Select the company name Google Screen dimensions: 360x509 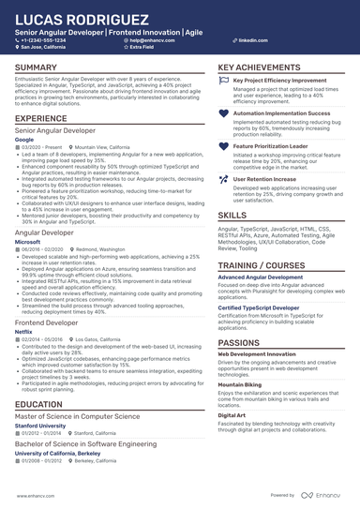coord(24,138)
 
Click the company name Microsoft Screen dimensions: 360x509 coord(28,241)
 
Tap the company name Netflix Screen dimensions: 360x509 coord(24,329)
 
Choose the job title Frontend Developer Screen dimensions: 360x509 coord(47,321)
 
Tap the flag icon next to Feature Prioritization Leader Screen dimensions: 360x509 coord(222,147)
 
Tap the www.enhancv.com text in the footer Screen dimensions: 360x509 coord(35,494)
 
